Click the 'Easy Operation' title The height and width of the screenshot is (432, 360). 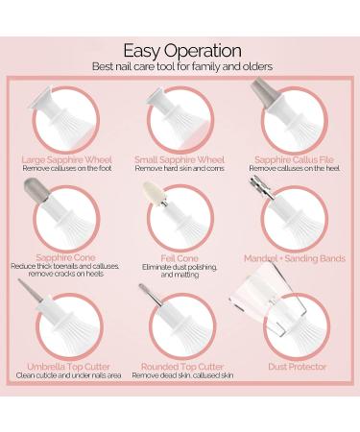(182, 52)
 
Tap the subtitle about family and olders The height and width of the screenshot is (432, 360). (182, 66)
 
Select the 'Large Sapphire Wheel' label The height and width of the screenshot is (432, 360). (67, 159)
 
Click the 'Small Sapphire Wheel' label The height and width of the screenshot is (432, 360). (180, 159)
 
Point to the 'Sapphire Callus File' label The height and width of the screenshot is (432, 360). (294, 159)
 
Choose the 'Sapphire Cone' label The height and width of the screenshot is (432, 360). (65, 257)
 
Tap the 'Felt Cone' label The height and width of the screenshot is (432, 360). (180, 258)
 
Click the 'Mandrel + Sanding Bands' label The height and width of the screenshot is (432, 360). (295, 258)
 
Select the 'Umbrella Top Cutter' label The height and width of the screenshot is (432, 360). (68, 367)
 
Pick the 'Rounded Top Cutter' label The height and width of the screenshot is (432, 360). (182, 367)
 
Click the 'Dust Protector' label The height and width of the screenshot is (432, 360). (298, 367)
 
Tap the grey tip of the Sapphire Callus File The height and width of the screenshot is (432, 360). (263, 89)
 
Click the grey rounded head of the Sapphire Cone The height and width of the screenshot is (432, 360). (36, 189)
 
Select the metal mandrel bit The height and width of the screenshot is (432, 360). (261, 187)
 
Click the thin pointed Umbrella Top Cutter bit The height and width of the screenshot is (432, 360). (30, 290)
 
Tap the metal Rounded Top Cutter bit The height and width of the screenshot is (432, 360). (150, 295)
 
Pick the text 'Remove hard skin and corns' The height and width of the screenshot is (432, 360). (180, 168)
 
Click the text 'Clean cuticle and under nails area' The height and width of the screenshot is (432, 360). (68, 375)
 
